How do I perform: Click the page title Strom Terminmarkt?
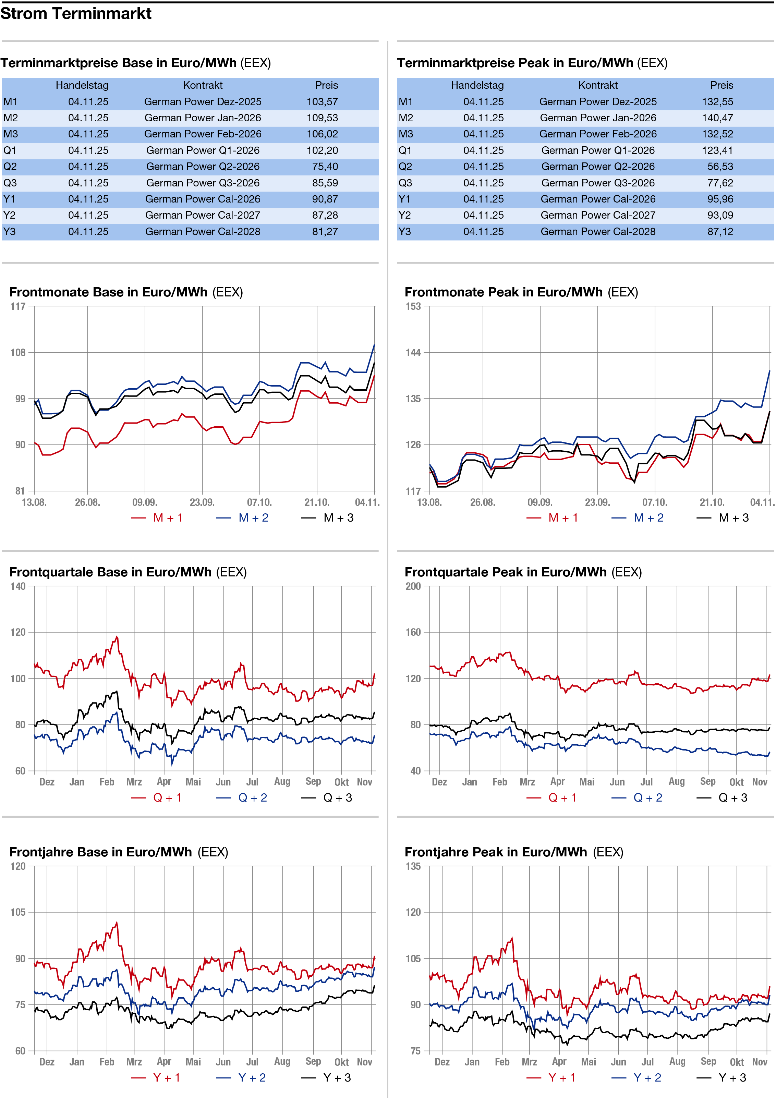pos(76,13)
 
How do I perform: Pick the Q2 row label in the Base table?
pos(10,167)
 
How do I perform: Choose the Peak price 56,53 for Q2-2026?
pos(720,167)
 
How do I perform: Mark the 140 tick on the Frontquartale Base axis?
pos(18,586)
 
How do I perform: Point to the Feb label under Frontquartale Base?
pos(107,782)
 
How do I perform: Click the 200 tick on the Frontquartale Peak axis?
pos(413,586)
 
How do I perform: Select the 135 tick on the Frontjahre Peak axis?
pos(413,866)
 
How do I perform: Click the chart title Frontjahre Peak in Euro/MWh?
pos(496,852)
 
